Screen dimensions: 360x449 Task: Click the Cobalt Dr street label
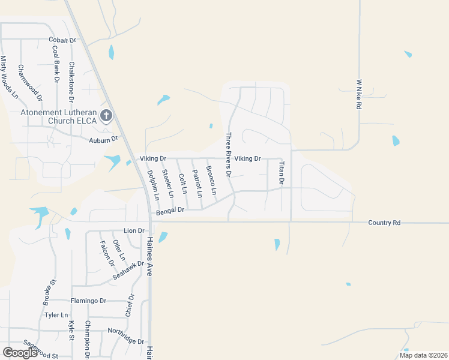[63, 40]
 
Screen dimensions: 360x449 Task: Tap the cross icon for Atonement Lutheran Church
[106, 115]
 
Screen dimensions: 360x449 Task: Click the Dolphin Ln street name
[153, 184]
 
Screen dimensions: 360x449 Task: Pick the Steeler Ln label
[167, 184]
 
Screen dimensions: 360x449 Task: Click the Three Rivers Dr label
[228, 154]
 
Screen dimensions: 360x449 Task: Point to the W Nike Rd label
[359, 94]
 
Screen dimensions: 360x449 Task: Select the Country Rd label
[384, 223]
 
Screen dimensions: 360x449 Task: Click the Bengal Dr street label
[170, 211]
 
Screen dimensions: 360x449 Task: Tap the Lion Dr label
[134, 230]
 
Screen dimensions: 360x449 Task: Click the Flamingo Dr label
[88, 301]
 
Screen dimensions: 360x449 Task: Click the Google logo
[20, 352]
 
